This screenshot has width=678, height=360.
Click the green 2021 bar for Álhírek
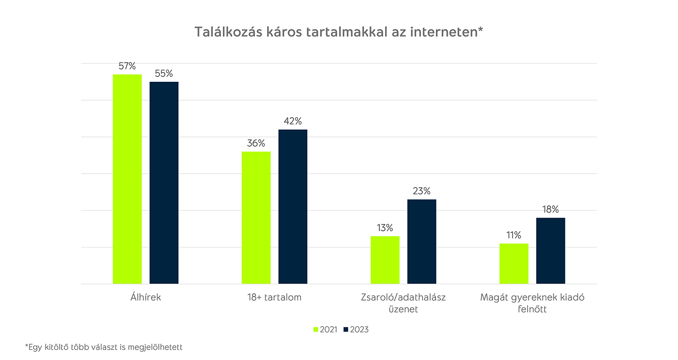127,179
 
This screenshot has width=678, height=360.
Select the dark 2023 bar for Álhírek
164,183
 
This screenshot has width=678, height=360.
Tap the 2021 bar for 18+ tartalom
256,218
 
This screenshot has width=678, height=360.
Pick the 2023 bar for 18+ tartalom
293,207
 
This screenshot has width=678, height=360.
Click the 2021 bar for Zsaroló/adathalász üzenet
385,260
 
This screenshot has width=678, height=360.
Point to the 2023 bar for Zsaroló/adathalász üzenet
422,242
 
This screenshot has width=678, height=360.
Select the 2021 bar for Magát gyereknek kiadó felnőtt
514,264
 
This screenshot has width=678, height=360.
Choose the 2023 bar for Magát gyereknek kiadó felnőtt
551,251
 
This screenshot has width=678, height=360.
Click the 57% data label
127,66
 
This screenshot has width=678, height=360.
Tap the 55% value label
164,74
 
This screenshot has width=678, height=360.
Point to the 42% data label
293,121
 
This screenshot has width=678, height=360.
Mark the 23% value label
422,191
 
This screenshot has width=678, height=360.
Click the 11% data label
514,235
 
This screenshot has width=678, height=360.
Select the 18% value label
551,209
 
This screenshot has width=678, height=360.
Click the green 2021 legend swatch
315,329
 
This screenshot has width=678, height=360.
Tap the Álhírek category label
145,298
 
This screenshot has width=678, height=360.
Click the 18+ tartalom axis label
274,298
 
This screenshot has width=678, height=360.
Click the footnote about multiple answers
104,347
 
